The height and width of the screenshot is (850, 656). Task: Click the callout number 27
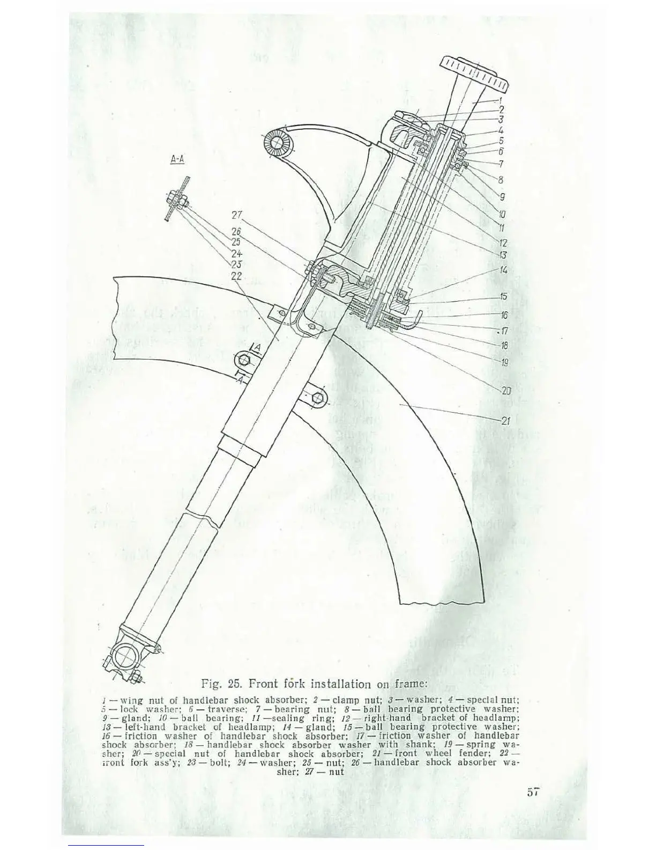click(237, 215)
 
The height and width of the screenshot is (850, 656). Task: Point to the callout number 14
click(503, 270)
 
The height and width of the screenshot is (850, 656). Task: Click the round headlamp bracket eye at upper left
click(277, 142)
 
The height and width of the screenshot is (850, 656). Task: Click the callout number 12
click(503, 243)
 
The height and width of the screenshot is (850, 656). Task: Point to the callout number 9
click(502, 197)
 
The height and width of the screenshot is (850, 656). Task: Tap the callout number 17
click(504, 331)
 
